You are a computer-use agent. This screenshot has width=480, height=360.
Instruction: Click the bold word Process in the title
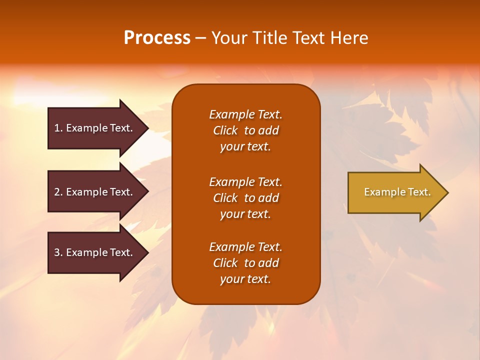click(157, 38)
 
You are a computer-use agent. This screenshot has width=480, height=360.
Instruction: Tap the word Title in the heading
click(270, 38)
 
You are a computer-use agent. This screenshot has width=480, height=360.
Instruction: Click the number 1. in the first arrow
click(58, 128)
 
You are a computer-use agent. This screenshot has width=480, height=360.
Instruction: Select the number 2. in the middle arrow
click(58, 192)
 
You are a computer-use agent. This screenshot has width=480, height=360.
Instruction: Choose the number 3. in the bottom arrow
click(58, 252)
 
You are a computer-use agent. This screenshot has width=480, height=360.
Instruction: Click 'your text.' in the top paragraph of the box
click(245, 147)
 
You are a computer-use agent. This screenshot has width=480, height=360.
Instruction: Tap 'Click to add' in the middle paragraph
click(245, 198)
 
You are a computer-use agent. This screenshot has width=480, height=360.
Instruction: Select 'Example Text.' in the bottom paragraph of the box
click(245, 247)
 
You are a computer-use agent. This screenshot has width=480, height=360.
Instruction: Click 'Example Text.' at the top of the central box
click(245, 114)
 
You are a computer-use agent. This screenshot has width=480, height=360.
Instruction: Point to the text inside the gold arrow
click(397, 192)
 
